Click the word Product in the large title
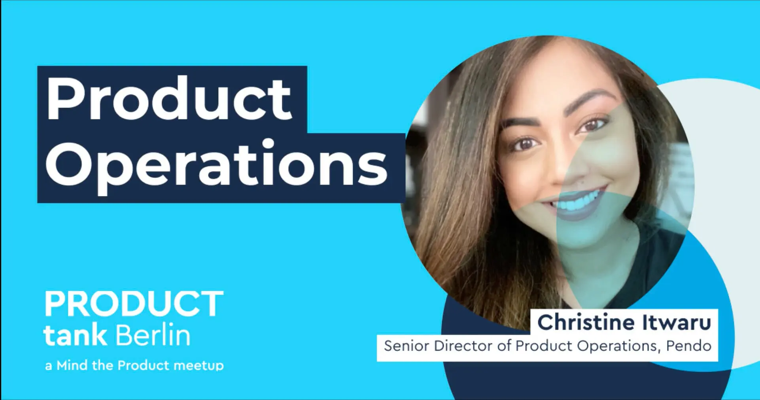(x=169, y=98)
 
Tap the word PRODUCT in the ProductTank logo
(x=134, y=303)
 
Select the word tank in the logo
(x=75, y=335)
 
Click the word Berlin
(x=153, y=335)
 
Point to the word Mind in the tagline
(x=72, y=365)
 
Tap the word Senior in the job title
(x=406, y=346)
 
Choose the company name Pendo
(x=689, y=346)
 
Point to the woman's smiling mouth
(x=575, y=204)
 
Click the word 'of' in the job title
(x=504, y=346)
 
